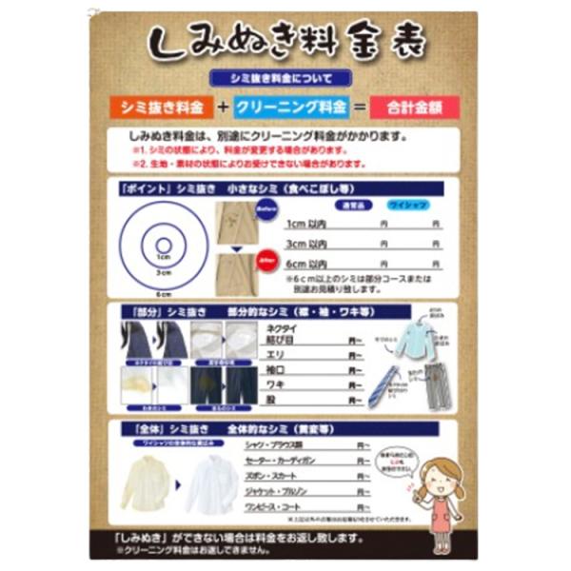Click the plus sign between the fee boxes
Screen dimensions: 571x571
224,108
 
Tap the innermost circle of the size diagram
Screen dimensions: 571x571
163,245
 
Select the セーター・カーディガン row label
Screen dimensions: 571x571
301,460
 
